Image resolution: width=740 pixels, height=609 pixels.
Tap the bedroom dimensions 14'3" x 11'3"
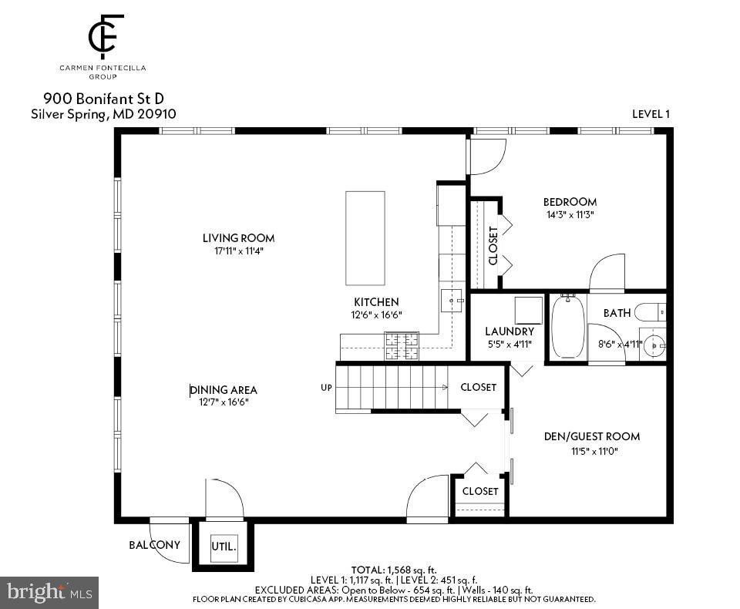point(570,215)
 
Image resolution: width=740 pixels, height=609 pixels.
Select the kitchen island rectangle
point(365,238)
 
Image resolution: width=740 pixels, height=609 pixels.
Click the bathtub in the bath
point(568,326)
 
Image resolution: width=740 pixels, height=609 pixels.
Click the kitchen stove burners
point(402,345)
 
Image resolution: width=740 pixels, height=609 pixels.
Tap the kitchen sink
point(452,300)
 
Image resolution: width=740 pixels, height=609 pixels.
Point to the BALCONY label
point(154,545)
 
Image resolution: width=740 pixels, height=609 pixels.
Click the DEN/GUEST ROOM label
point(591,436)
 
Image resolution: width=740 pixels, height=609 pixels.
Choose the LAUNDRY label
point(509,331)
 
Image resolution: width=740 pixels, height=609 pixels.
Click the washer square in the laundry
point(529,310)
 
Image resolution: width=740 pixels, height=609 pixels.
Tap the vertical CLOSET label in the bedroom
point(493,245)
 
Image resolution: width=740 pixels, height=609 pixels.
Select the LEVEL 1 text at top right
point(651,114)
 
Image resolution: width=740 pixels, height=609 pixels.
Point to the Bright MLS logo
point(49,593)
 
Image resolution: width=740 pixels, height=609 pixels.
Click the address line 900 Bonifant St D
point(103,99)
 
